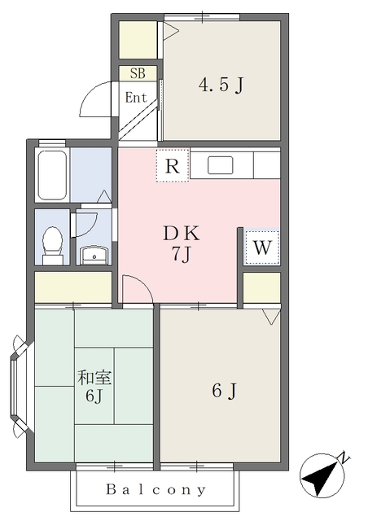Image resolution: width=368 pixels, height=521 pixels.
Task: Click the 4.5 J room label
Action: point(221,85)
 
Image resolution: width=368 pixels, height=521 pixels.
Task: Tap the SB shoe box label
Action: point(138,73)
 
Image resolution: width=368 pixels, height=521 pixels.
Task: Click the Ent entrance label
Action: point(136,98)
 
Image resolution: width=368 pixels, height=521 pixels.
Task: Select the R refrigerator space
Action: point(173,165)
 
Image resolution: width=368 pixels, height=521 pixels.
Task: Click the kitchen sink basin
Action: point(221,165)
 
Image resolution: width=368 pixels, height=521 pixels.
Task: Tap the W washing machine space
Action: point(262,247)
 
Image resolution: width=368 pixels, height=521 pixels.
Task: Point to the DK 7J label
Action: point(182,243)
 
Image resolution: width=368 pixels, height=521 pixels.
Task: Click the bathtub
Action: point(52,175)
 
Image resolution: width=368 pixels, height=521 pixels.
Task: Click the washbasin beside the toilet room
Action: point(94,255)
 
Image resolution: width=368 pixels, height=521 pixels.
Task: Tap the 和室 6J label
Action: point(94,386)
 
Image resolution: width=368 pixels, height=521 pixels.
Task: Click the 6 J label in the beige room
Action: point(225,391)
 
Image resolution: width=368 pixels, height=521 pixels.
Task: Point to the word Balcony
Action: point(156,489)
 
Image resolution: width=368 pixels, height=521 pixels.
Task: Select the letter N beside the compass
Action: point(344,458)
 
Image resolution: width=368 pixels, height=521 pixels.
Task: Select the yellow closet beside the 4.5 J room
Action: point(138,40)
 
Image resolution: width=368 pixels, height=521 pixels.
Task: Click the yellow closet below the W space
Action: point(262,287)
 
